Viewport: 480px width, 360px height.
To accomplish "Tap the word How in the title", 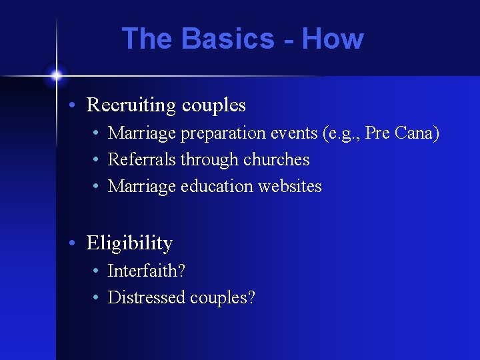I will pyautogui.click(x=333, y=39).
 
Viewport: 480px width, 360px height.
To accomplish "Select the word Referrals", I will pyautogui.click(x=141, y=160).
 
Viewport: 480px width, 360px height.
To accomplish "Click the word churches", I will pyautogui.click(x=277, y=160).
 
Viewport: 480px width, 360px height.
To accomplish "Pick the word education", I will pyautogui.click(x=214, y=187).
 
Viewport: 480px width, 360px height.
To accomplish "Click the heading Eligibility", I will pyautogui.click(x=129, y=243).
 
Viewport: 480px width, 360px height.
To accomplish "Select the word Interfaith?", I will pyautogui.click(x=147, y=271).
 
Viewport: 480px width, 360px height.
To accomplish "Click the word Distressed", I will pyautogui.click(x=147, y=297).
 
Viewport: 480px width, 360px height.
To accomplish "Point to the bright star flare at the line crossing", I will pyautogui.click(x=56, y=75).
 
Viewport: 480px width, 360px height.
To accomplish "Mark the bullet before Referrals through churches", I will pyautogui.click(x=97, y=161).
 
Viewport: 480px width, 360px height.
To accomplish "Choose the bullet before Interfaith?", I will pyautogui.click(x=97, y=271).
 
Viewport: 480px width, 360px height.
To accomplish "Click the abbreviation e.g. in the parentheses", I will pyautogui.click(x=343, y=134).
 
